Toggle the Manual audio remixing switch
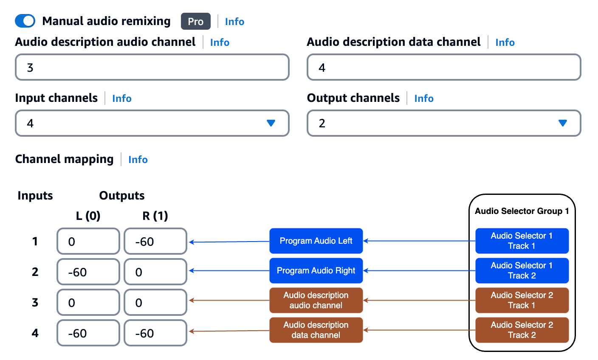[x=25, y=21]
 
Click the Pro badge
[x=195, y=22]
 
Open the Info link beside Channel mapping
[x=138, y=160]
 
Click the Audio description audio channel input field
[x=152, y=67]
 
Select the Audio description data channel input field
[x=444, y=67]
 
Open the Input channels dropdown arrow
[x=271, y=123]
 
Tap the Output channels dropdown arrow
[x=562, y=123]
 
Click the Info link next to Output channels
[x=424, y=98]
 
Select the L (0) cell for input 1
[x=88, y=242]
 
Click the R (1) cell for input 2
[x=155, y=272]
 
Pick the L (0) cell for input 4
[x=88, y=333]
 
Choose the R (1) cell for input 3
[x=155, y=303]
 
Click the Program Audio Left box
[x=316, y=241]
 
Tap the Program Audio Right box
[x=316, y=270]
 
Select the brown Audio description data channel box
[x=316, y=330]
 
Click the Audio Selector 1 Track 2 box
[x=522, y=270]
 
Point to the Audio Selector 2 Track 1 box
[x=522, y=300]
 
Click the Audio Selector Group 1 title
[x=522, y=211]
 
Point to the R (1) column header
[x=155, y=216]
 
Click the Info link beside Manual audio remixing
[x=234, y=22]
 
